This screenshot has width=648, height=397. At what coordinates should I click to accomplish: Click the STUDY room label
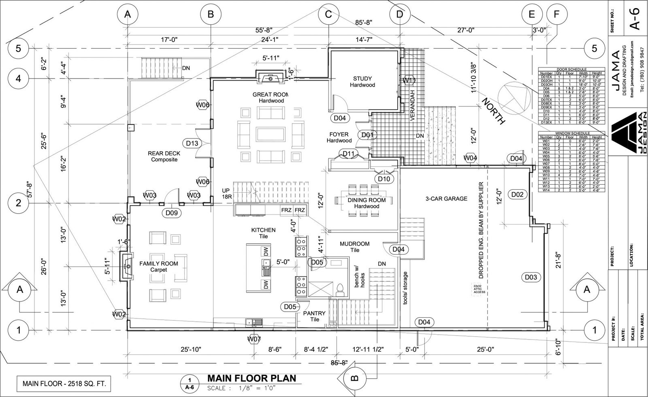pyautogui.click(x=362, y=81)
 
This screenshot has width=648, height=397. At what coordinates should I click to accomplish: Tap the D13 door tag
pyautogui.click(x=192, y=143)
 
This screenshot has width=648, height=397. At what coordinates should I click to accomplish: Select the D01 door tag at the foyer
pyautogui.click(x=367, y=135)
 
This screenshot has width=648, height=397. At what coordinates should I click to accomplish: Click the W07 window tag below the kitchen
pyautogui.click(x=254, y=339)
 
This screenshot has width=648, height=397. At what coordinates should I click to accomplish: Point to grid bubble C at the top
pyautogui.click(x=328, y=15)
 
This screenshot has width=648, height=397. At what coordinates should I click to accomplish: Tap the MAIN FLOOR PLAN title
pyautogui.click(x=252, y=378)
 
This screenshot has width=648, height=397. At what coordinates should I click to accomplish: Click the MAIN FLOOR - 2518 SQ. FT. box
pyautogui.click(x=64, y=384)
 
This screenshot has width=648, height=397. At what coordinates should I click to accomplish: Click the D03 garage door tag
pyautogui.click(x=531, y=277)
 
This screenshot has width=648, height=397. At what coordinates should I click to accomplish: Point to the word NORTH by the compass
pyautogui.click(x=494, y=110)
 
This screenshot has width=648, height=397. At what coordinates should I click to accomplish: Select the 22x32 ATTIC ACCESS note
pyautogui.click(x=479, y=289)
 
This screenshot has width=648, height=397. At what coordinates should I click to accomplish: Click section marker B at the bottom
pyautogui.click(x=354, y=378)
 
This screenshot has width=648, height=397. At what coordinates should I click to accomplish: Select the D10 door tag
pyautogui.click(x=384, y=179)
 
